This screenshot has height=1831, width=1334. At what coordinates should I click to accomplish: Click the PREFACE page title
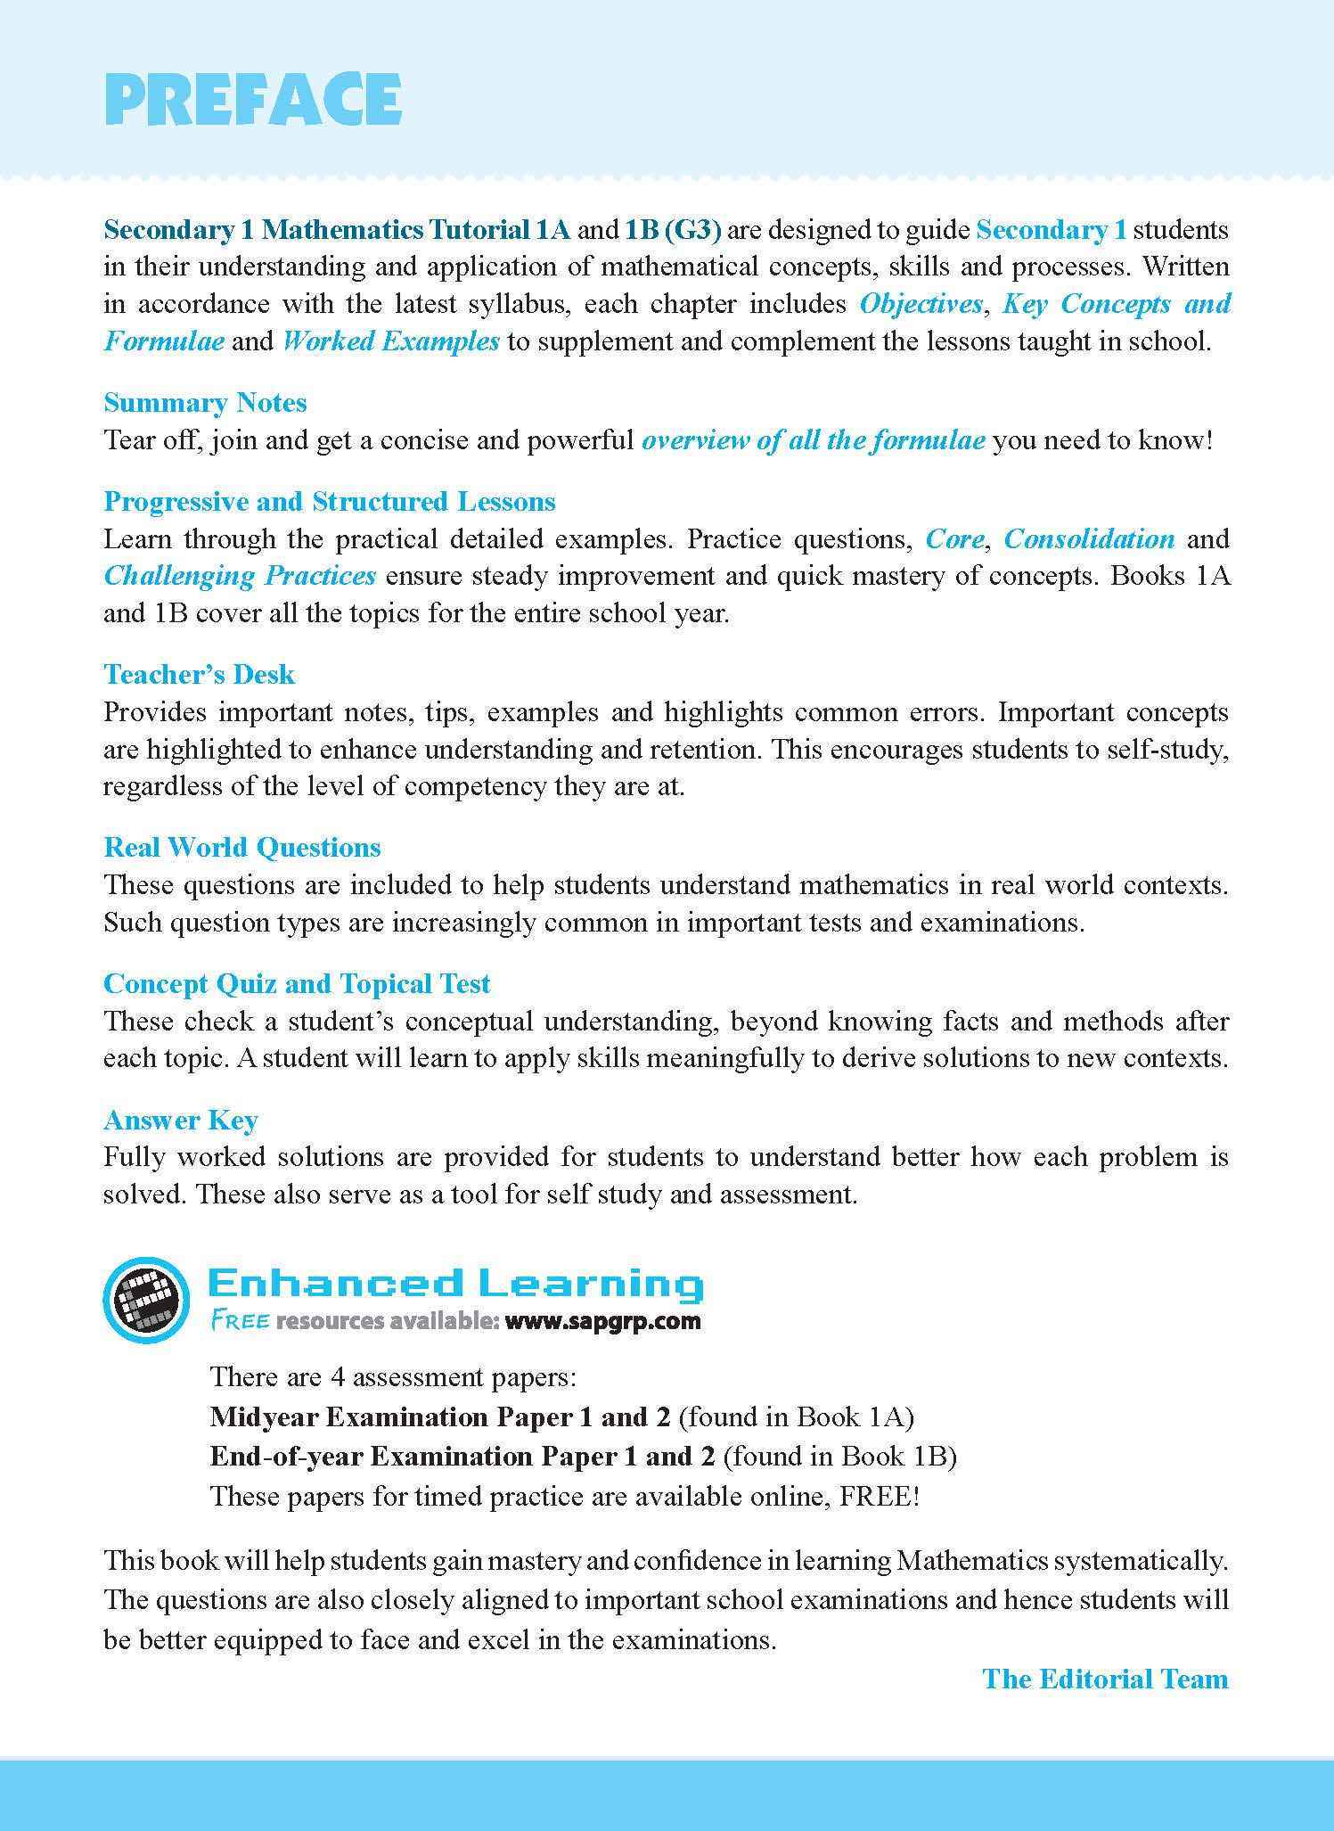click(x=254, y=99)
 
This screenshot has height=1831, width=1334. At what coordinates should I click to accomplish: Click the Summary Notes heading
click(x=205, y=403)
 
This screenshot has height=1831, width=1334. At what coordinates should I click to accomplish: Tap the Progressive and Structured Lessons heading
click(x=330, y=502)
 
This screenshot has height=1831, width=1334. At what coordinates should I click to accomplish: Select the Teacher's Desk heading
click(x=199, y=674)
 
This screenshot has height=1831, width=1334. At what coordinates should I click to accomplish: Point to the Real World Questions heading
click(x=242, y=847)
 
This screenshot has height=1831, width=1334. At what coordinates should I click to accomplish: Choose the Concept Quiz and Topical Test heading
click(x=297, y=983)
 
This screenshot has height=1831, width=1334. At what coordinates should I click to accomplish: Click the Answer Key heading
click(x=181, y=1120)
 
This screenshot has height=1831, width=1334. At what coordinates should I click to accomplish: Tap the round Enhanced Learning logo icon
click(x=145, y=1301)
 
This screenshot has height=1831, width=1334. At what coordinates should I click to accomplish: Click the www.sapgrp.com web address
click(x=602, y=1321)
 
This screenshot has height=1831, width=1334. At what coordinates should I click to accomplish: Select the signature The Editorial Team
click(x=1105, y=1679)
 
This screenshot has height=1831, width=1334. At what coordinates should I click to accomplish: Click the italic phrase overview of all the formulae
click(x=813, y=440)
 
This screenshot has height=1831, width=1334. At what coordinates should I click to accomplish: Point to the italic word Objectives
click(x=921, y=304)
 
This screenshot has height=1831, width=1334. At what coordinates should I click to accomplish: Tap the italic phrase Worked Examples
click(x=390, y=341)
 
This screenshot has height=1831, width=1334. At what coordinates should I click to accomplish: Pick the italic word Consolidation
click(x=1089, y=539)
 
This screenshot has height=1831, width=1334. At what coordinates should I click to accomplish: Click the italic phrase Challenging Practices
click(x=240, y=576)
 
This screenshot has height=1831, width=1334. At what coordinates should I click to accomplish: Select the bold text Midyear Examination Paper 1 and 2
click(x=444, y=1416)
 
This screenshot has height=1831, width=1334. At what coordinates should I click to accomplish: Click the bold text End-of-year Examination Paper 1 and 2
click(x=462, y=1456)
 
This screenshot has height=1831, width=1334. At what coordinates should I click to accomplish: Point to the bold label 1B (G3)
click(x=673, y=230)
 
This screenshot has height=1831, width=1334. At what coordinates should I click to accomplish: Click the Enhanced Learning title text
click(x=454, y=1284)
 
